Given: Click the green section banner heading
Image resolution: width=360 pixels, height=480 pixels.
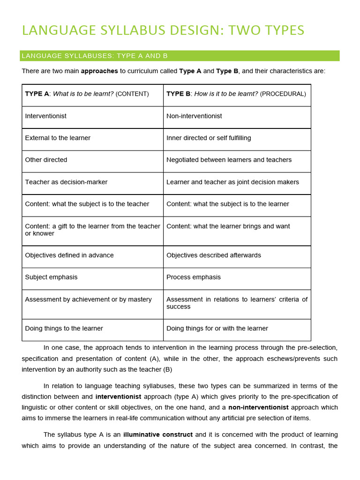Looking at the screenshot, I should (180, 56).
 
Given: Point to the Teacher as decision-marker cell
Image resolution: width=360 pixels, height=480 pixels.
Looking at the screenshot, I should (92, 183).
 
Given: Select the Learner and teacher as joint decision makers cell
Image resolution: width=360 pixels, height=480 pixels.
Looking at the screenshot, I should (237, 183).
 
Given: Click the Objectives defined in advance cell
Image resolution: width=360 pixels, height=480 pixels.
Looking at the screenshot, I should (92, 256).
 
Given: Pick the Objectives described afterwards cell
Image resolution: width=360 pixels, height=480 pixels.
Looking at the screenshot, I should (237, 256).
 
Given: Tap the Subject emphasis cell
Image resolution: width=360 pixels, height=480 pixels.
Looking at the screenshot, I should (92, 278).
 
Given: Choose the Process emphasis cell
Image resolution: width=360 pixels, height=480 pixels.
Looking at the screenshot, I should (237, 278).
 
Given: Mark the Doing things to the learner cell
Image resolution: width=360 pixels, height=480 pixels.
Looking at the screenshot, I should (92, 330).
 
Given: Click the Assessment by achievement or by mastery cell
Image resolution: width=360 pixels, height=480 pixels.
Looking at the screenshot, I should (92, 304).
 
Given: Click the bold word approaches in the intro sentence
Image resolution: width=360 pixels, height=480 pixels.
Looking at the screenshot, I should (99, 71).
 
